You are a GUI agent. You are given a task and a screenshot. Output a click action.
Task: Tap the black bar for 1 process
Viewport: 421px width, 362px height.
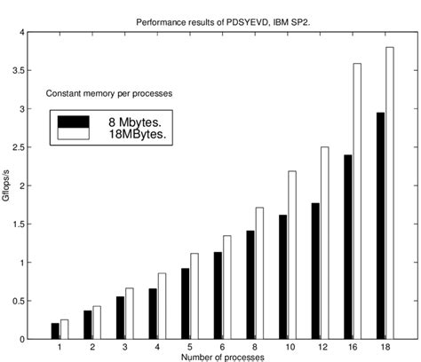pyautogui.click(x=56, y=331)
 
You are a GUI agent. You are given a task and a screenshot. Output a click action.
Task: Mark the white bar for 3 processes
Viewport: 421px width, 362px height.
pyautogui.click(x=131, y=312)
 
